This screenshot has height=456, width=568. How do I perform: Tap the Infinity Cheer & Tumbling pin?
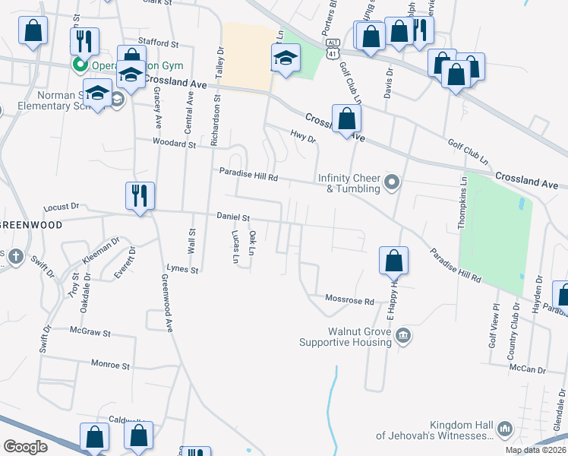click(392, 181)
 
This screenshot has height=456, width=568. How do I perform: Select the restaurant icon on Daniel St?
click(140, 196)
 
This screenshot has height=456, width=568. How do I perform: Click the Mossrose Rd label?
click(350, 301)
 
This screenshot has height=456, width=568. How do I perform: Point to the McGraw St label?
click(90, 333)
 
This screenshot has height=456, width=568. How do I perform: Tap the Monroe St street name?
click(110, 366)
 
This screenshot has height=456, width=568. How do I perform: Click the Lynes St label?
click(182, 269)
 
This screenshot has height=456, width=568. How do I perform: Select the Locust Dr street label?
click(62, 206)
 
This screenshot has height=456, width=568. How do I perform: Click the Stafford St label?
click(157, 43)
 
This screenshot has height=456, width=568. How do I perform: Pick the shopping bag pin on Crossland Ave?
click(346, 119)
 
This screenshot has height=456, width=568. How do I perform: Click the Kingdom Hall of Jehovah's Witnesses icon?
click(505, 430)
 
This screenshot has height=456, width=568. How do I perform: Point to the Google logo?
click(26, 447)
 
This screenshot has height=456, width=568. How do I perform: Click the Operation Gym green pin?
click(77, 65)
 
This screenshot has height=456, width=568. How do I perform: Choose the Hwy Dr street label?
click(303, 135)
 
